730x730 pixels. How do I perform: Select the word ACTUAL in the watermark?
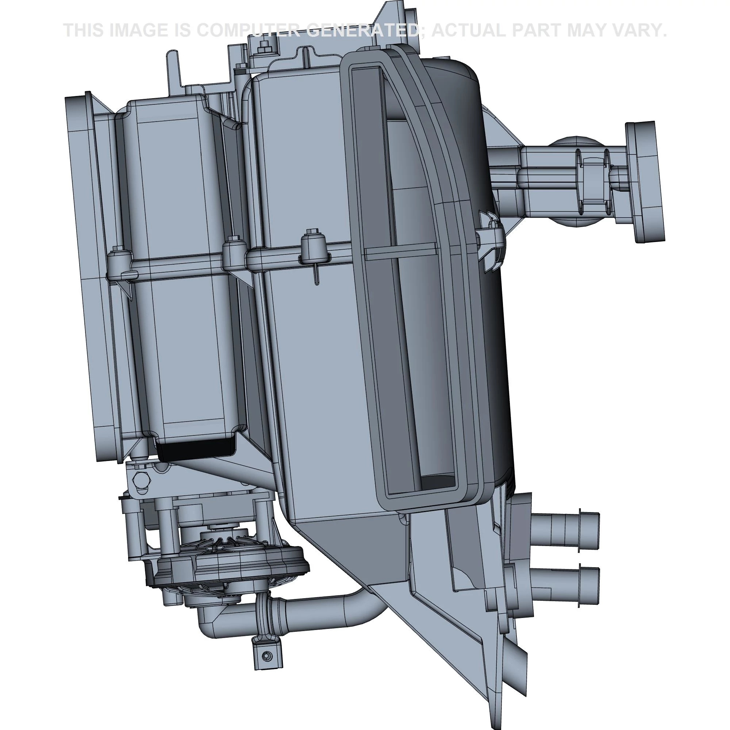[471, 30]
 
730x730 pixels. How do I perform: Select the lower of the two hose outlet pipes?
[567, 583]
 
